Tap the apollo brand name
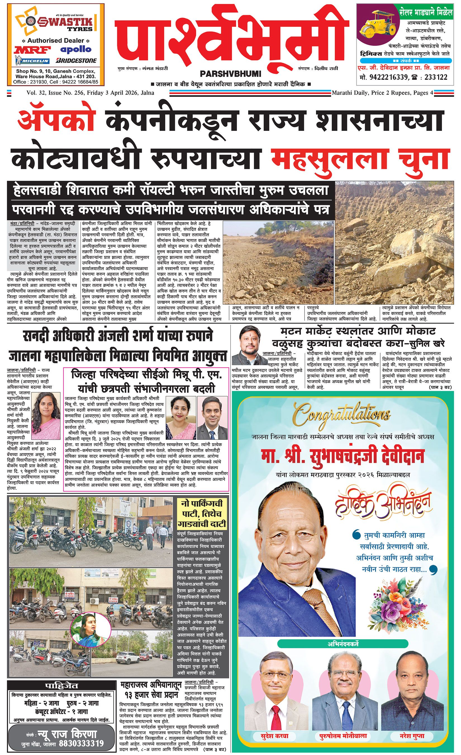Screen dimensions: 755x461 (76, 49)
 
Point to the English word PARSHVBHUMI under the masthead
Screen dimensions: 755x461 (231, 74)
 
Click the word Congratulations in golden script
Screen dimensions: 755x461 (342, 416)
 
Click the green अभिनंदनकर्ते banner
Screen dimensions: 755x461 (343, 644)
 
